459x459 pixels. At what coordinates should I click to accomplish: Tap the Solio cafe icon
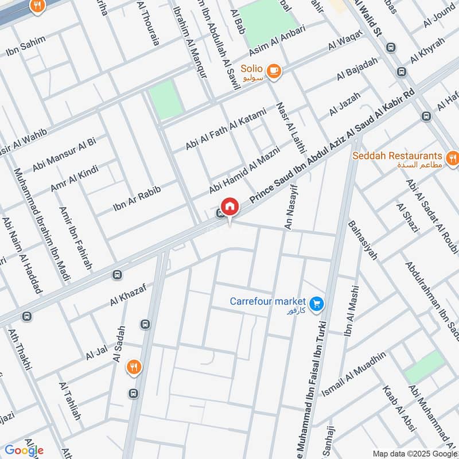click(274, 71)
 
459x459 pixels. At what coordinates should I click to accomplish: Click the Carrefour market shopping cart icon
click(316, 304)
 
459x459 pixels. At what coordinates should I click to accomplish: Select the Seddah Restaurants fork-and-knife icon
click(453, 157)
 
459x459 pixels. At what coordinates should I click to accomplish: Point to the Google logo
click(24, 450)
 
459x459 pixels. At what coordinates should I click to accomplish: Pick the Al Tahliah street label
click(69, 400)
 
